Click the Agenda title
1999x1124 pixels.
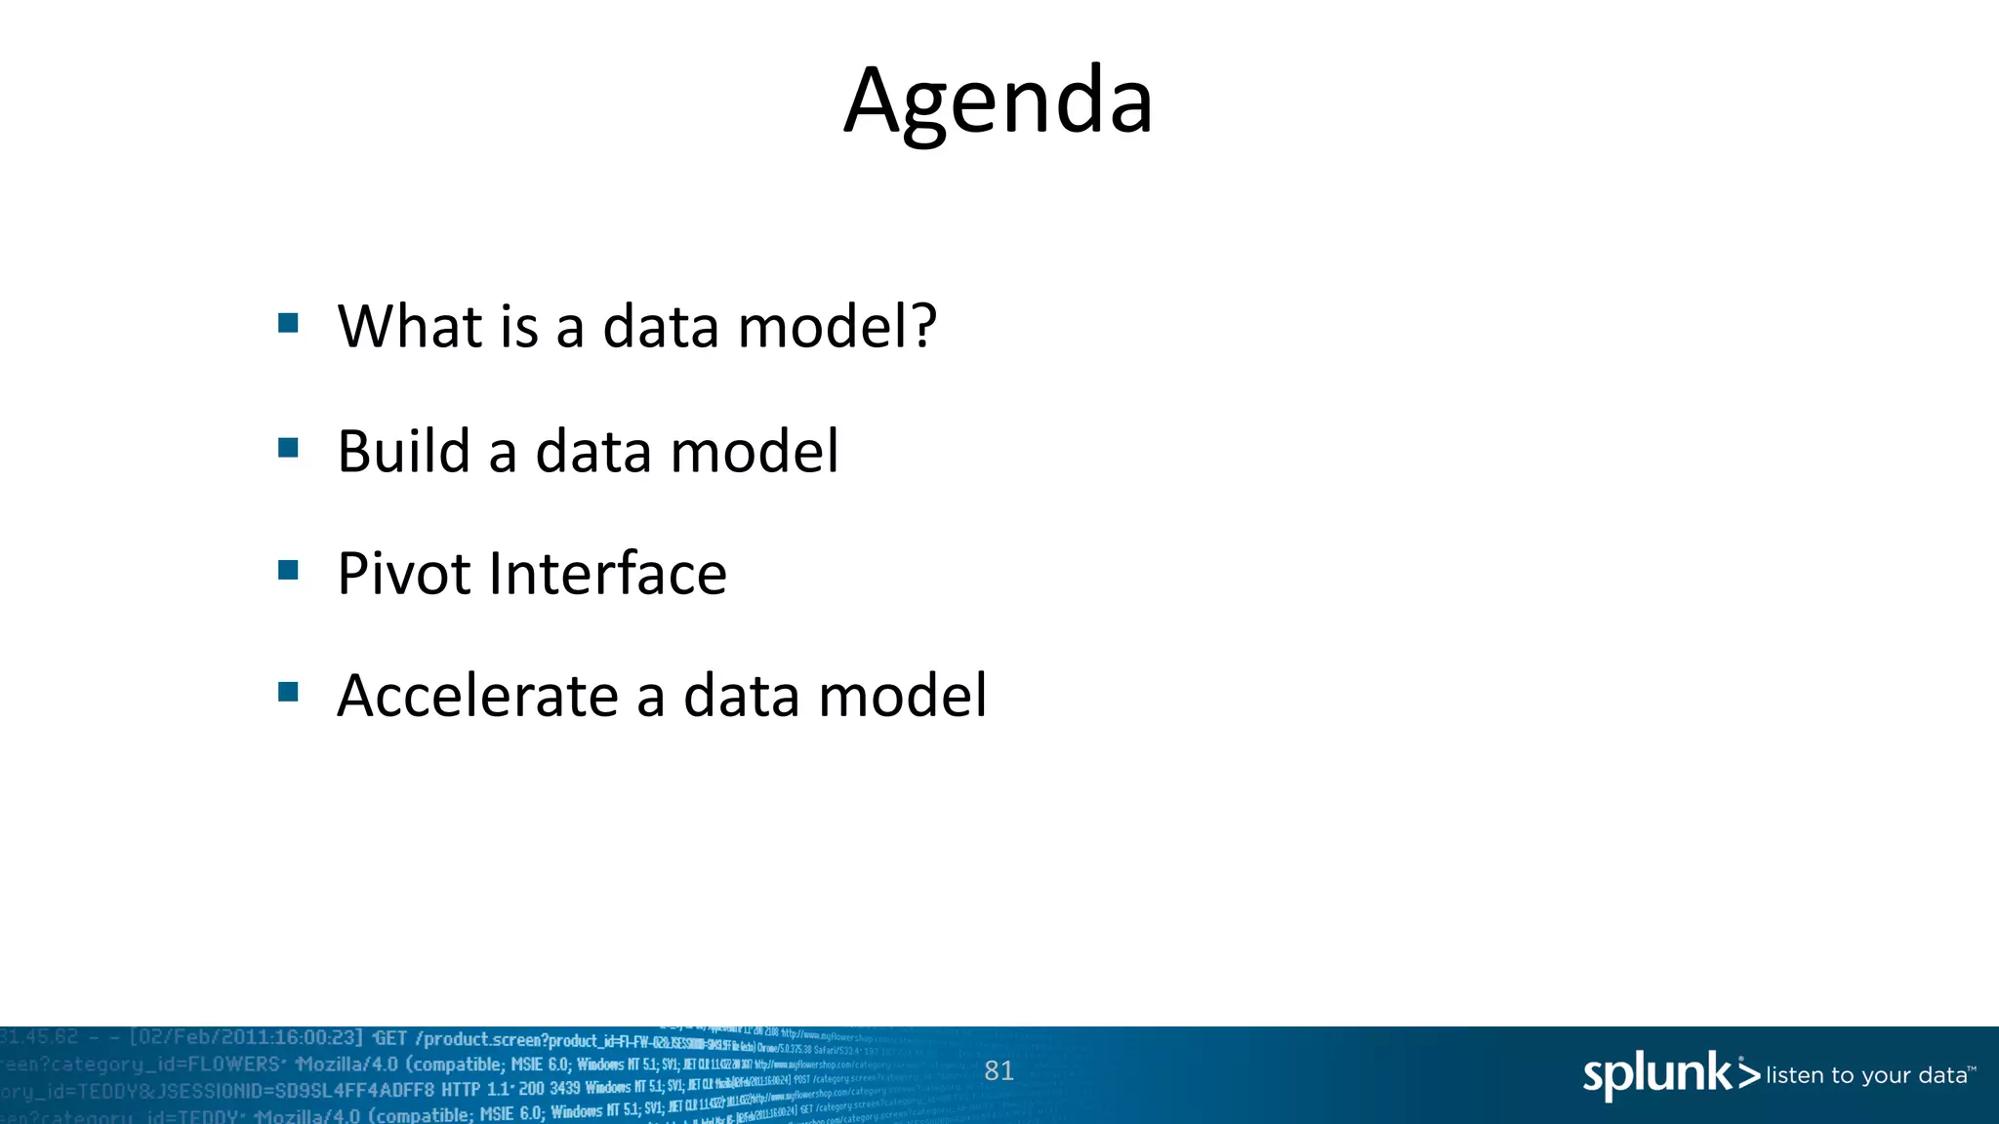click(999, 101)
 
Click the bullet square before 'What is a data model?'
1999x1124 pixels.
click(288, 323)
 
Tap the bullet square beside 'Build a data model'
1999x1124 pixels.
click(288, 448)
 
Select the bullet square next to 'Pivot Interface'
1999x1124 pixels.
click(288, 570)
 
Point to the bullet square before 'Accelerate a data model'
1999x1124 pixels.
click(288, 692)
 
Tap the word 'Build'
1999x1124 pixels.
click(403, 451)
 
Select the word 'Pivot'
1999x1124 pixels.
click(404, 573)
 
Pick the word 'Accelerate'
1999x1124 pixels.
click(477, 696)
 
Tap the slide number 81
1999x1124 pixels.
click(999, 1071)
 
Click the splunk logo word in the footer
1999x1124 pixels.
click(1656, 1075)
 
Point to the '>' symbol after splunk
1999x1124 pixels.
click(1748, 1075)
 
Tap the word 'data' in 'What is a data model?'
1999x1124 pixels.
click(660, 326)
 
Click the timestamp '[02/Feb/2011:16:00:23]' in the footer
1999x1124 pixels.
click(246, 1038)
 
